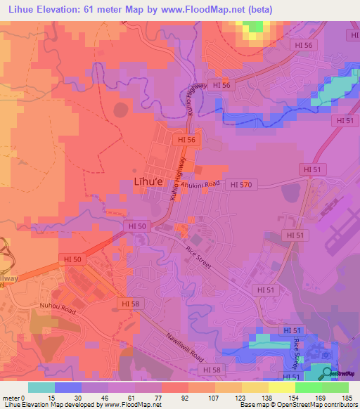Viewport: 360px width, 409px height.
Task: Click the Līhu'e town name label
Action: [148, 182]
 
